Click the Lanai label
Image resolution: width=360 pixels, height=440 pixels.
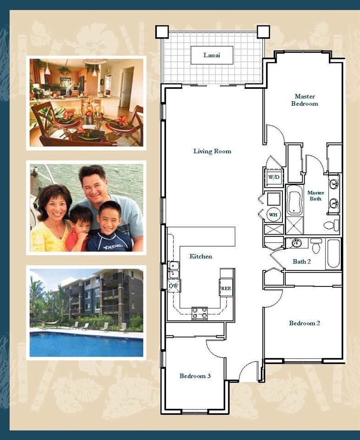(212, 55)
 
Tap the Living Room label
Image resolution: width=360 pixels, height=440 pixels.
(212, 151)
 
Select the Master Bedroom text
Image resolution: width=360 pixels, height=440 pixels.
(305, 100)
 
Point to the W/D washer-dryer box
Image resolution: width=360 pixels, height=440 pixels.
(274, 177)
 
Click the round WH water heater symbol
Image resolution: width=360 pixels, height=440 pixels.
(273, 214)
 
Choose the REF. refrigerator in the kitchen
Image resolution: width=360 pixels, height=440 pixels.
(226, 288)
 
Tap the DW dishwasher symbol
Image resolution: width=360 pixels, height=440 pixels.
(174, 286)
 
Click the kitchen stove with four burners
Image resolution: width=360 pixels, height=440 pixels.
(199, 313)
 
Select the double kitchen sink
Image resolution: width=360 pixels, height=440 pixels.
(174, 270)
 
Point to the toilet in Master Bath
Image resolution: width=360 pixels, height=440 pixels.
(332, 225)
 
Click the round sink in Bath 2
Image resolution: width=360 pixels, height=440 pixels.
(296, 243)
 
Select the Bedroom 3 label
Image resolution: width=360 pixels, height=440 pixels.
(195, 376)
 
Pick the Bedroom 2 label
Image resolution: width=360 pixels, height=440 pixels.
(305, 323)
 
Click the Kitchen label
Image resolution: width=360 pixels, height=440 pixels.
(200, 257)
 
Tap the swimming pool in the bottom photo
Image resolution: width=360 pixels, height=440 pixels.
(86, 344)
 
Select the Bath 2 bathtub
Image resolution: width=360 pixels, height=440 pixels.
(333, 253)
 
